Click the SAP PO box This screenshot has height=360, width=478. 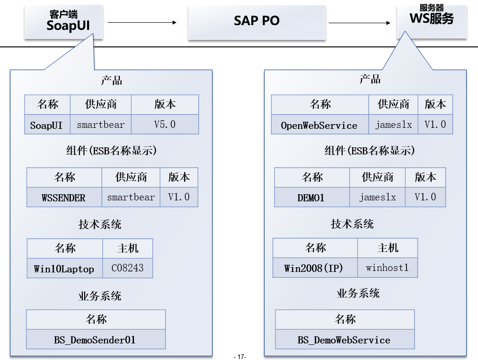click(257, 21)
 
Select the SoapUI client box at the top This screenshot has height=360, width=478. click(64, 21)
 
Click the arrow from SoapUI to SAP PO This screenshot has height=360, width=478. click(142, 22)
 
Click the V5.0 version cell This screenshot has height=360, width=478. click(165, 125)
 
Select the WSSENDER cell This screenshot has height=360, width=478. click(64, 198)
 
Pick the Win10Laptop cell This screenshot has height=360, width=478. click(64, 269)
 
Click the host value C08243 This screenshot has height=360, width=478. click(127, 268)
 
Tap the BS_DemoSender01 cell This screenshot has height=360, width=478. click(95, 340)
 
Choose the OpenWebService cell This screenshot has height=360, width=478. click(319, 125)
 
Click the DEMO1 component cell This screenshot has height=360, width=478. click(311, 198)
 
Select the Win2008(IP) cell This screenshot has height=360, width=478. click(315, 268)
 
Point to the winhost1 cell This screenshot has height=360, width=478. click(387, 268)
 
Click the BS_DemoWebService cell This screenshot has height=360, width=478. click(344, 340)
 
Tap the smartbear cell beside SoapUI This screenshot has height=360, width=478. click(100, 125)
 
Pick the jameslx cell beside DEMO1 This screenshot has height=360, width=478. click(377, 197)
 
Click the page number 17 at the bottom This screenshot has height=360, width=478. click(240, 357)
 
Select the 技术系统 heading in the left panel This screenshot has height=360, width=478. click(100, 224)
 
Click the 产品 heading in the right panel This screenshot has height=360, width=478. click(370, 79)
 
